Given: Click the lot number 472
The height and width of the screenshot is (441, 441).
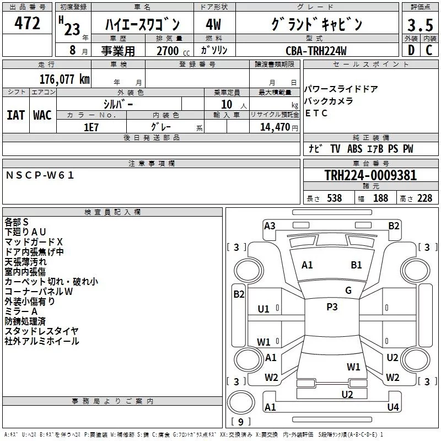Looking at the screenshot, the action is coord(28,24).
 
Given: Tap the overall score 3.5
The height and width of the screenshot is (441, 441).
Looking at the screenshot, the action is coord(420,25).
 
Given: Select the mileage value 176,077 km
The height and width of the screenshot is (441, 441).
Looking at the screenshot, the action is coord(64,79).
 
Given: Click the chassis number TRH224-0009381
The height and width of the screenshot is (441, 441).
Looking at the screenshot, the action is coord(370,175).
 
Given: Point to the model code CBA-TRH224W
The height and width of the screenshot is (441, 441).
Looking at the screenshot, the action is coord(316,51).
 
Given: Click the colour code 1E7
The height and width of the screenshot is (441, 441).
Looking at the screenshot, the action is coord(91,127).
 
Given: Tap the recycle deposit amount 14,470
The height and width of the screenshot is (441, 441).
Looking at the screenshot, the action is coord(278,127).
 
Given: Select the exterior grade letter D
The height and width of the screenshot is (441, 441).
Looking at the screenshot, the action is coord(411,50).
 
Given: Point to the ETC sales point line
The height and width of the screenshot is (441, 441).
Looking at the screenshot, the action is coord(316,114).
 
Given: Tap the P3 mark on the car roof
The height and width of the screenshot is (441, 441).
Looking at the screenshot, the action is coord(332,307).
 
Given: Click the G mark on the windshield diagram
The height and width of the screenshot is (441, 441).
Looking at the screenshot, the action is coord(348,291).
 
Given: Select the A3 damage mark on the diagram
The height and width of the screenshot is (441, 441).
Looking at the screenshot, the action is coord(270,225).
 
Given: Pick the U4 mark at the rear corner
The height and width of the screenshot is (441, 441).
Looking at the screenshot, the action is coord(392,407).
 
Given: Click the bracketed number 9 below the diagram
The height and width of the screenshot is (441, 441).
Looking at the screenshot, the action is coord(240,422).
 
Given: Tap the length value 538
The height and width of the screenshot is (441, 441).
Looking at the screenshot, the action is coord(334,198).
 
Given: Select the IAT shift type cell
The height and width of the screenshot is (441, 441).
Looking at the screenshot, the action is coord(15,115).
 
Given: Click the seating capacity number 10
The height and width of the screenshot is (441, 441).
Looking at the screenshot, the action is coord(226,104).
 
